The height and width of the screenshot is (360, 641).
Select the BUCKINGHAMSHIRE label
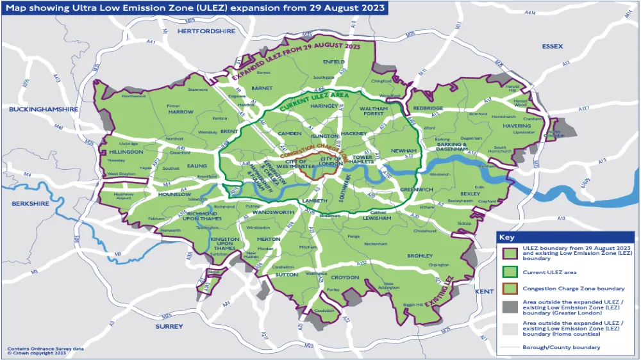point(44,110)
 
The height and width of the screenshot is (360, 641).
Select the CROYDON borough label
point(345,278)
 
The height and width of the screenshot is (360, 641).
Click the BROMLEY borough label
point(420,256)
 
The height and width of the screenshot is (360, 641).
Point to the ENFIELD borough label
point(334,62)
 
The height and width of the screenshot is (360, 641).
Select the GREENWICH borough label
point(417,190)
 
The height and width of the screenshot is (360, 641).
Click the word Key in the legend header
point(508,238)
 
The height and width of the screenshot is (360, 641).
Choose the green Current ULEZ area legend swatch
point(510,272)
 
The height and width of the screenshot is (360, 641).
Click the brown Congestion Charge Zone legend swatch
point(510,289)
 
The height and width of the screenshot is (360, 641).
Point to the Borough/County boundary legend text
point(562,348)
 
